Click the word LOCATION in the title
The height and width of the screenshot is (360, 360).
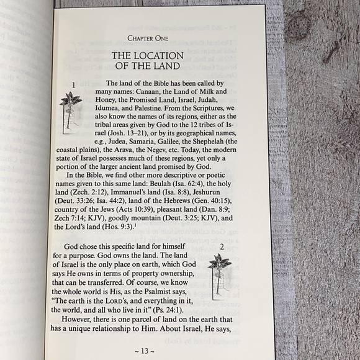point(158,56)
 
